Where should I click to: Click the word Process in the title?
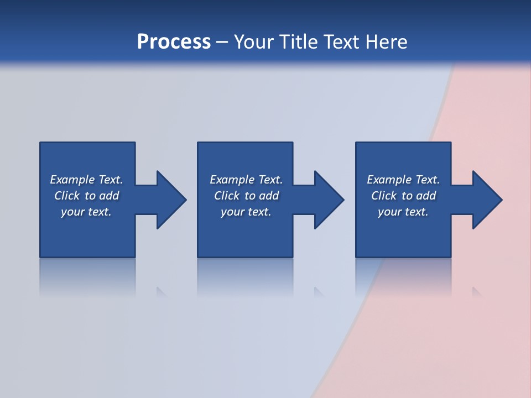tap(174, 42)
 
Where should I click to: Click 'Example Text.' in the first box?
tap(86, 180)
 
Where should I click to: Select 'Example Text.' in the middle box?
tap(246, 180)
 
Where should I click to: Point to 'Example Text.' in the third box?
tap(403, 180)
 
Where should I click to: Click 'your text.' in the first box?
tap(86, 212)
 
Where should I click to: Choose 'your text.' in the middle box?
tap(246, 212)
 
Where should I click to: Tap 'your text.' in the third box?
tap(403, 212)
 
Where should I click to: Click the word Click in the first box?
tap(67, 196)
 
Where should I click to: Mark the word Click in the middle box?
tap(227, 196)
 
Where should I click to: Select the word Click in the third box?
tap(384, 196)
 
